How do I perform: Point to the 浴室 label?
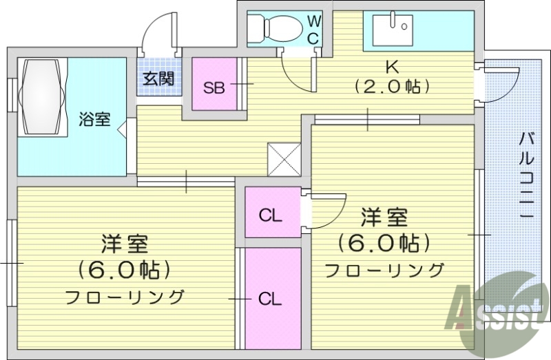click(94, 119)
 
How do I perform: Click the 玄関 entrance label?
click(158, 78)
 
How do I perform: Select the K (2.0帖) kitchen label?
click(392, 76)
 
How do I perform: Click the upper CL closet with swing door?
click(271, 213)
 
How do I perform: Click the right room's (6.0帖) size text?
click(384, 243)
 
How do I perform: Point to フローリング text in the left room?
click(125, 297)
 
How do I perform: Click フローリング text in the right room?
click(384, 270)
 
